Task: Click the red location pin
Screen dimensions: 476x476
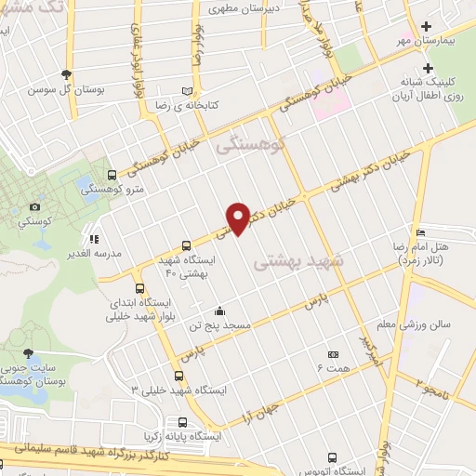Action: point(239,218)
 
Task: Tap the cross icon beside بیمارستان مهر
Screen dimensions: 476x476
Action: point(427,27)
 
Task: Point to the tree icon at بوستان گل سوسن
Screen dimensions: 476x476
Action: point(65,74)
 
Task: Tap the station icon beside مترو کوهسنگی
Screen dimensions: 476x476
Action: point(112,174)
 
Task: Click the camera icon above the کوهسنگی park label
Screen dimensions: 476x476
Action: point(35,206)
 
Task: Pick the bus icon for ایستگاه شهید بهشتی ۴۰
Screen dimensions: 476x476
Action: point(188,246)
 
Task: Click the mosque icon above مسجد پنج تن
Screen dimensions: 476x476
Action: point(218,311)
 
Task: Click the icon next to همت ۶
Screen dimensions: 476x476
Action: point(334,354)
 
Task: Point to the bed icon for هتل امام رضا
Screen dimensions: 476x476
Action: point(420,232)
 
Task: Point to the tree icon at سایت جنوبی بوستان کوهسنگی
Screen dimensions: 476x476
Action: point(29,352)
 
